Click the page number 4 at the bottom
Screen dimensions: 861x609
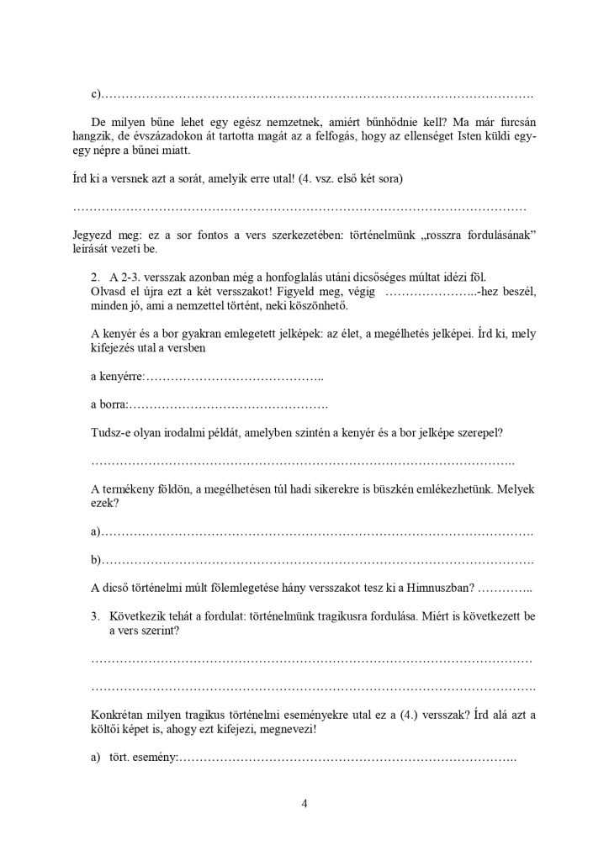(304, 803)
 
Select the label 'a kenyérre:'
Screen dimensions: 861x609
(118, 378)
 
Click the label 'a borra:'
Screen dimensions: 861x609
(109, 405)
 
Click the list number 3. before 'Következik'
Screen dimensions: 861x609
(95, 615)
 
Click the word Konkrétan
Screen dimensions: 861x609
(118, 716)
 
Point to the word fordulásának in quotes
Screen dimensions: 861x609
(488, 234)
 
